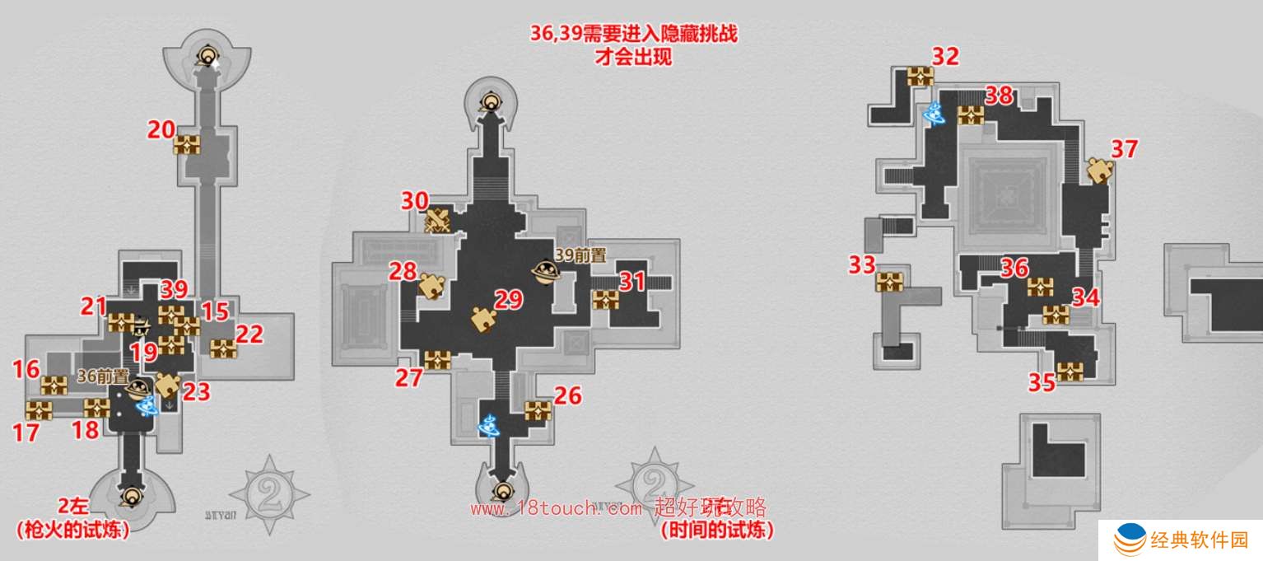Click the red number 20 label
point(161,129)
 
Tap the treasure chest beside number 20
point(187,145)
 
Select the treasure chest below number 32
point(920,77)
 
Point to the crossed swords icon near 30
point(437,221)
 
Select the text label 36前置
point(103,376)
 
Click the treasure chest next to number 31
point(605,299)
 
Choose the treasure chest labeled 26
point(538,409)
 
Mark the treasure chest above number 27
point(437,359)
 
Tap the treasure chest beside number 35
point(1070,372)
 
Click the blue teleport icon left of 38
point(935,115)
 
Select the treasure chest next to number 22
point(223,348)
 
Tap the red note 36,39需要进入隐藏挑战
point(632,35)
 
